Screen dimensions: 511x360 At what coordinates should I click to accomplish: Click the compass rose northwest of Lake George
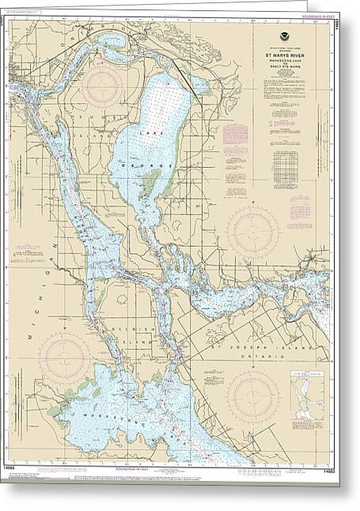coord(103,86)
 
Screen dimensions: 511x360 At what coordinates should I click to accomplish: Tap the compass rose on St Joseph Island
coord(253,395)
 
